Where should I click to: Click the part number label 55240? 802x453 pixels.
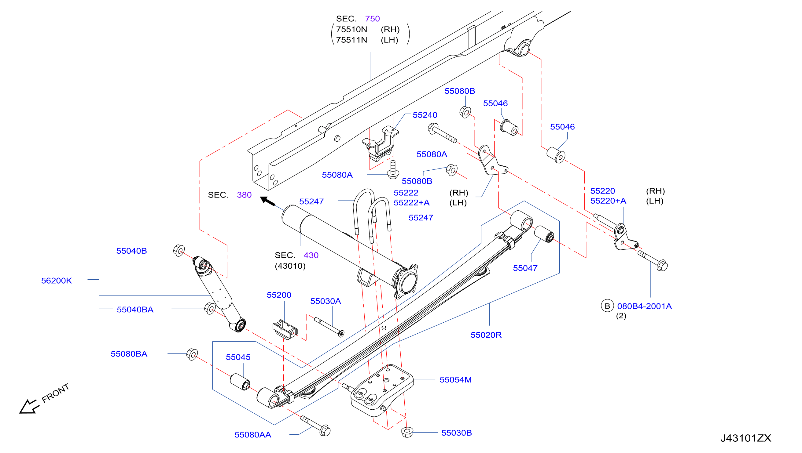(x=425, y=115)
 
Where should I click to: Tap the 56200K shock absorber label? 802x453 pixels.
(x=56, y=281)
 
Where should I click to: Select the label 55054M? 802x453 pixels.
(x=455, y=379)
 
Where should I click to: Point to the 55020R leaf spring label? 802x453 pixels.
(x=486, y=335)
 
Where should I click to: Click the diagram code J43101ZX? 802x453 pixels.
(x=746, y=438)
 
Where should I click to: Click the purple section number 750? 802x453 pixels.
(x=372, y=19)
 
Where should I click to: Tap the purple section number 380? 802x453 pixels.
(x=244, y=195)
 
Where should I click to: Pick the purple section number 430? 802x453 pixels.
(x=311, y=255)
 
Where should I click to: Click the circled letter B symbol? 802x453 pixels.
(x=607, y=306)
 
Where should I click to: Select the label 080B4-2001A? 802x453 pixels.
(x=644, y=306)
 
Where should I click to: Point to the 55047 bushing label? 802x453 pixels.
(x=525, y=268)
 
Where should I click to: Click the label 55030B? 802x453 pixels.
(x=456, y=433)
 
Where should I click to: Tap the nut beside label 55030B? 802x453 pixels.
(x=407, y=432)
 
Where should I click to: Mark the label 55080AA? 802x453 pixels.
(x=252, y=435)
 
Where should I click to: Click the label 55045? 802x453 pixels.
(x=238, y=357)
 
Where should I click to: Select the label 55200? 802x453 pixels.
(x=279, y=295)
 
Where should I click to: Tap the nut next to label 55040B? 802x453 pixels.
(x=179, y=250)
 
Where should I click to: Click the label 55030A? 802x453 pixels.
(x=326, y=301)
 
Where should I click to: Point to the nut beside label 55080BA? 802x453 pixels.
(x=192, y=354)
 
